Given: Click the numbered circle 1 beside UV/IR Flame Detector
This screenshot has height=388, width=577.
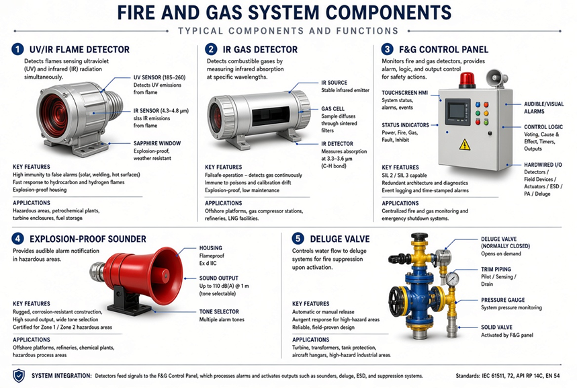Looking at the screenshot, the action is [x=17, y=49].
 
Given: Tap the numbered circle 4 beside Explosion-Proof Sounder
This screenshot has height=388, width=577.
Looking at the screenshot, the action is [x=17, y=239].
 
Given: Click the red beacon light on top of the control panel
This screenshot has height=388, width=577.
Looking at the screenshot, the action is [x=467, y=80].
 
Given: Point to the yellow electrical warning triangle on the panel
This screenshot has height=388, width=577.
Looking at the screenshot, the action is [x=465, y=145].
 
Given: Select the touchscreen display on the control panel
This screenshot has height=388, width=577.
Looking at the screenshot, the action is [x=458, y=112].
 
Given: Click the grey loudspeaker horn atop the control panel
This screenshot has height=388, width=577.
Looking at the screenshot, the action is [x=496, y=78].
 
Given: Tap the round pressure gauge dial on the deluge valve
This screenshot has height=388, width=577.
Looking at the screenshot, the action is [x=452, y=279].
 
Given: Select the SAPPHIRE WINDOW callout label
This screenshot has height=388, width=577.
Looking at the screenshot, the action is [x=157, y=143].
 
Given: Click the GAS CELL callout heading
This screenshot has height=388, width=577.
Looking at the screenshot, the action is [x=332, y=109].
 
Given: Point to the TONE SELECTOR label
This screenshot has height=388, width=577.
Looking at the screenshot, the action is [x=219, y=312].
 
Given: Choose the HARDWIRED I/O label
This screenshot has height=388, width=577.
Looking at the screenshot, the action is [x=543, y=165].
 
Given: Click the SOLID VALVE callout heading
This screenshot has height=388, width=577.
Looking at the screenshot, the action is [x=496, y=327].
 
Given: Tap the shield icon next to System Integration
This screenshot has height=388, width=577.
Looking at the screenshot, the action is [x=19, y=376].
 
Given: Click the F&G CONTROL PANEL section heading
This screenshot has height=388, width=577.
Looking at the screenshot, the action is [x=443, y=49].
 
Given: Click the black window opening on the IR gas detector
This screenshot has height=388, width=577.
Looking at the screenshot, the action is [x=271, y=116].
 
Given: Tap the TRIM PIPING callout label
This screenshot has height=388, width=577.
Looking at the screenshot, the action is [x=496, y=270].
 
